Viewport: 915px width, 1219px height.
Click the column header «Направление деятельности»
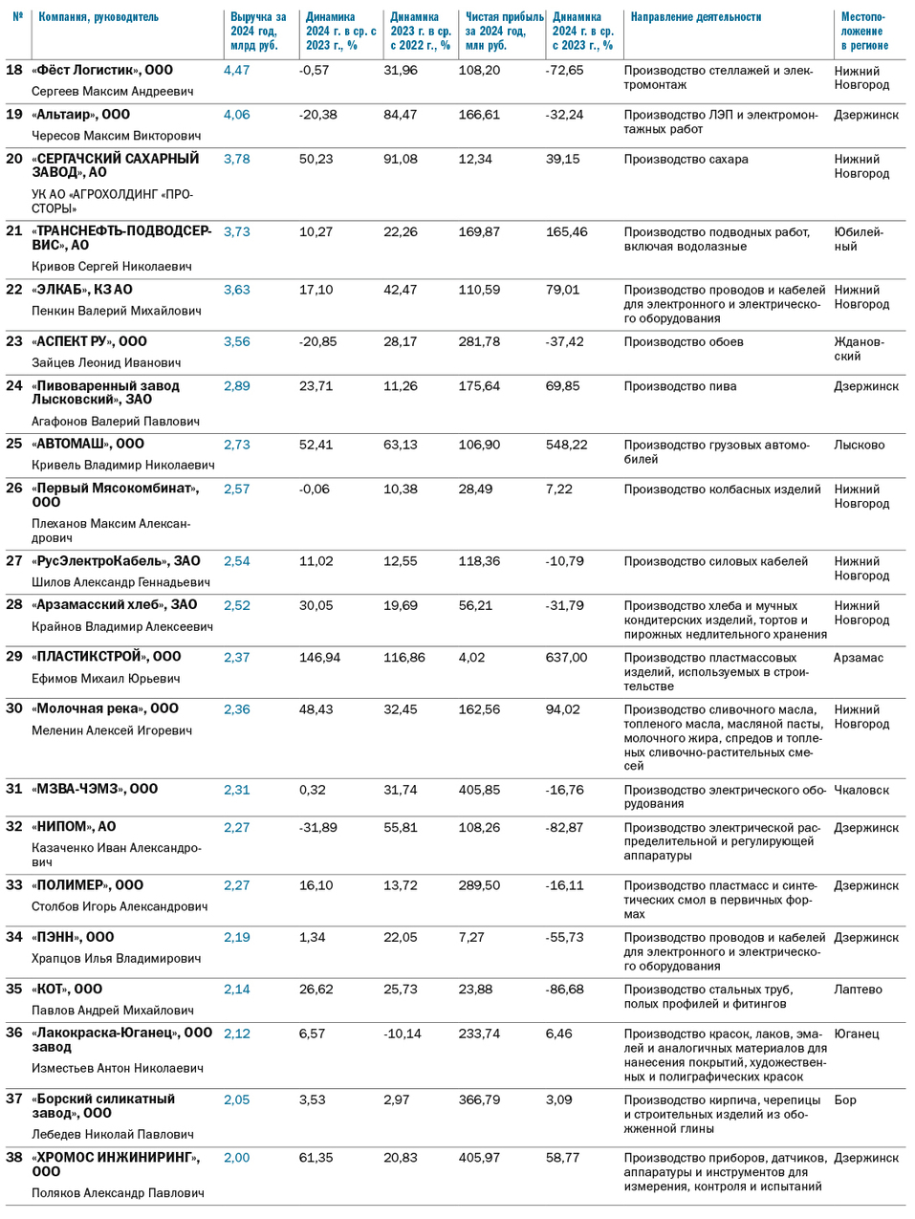tap(695, 17)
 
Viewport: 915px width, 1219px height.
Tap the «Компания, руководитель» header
tap(98, 17)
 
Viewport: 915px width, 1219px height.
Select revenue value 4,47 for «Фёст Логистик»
tap(236, 70)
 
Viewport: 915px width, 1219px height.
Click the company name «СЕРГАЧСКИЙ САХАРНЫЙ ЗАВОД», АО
tap(116, 165)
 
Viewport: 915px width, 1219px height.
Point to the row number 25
tap(14, 444)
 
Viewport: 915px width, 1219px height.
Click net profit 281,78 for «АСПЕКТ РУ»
tap(479, 341)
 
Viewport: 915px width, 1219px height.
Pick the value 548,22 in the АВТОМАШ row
tap(567, 445)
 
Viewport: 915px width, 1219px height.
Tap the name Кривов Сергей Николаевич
tap(112, 267)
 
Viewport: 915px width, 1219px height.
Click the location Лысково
tap(860, 445)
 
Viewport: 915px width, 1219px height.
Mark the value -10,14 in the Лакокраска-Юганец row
tap(403, 1034)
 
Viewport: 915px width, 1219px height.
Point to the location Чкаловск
tap(861, 790)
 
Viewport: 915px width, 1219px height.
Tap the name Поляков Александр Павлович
tap(118, 1193)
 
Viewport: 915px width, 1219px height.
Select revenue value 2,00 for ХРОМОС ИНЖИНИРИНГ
tap(236, 1158)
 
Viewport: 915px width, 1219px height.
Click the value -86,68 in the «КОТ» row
tap(565, 990)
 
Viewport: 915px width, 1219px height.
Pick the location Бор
tap(845, 1099)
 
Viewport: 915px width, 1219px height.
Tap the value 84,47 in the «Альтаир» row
tap(401, 115)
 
